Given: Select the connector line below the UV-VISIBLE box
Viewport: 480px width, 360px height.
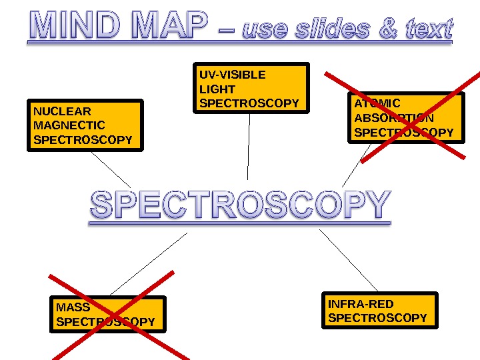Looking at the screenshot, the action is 249,147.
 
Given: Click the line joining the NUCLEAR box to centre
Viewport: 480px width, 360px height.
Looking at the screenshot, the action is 111,170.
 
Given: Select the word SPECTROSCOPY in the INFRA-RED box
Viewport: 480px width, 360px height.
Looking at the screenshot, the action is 377,318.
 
